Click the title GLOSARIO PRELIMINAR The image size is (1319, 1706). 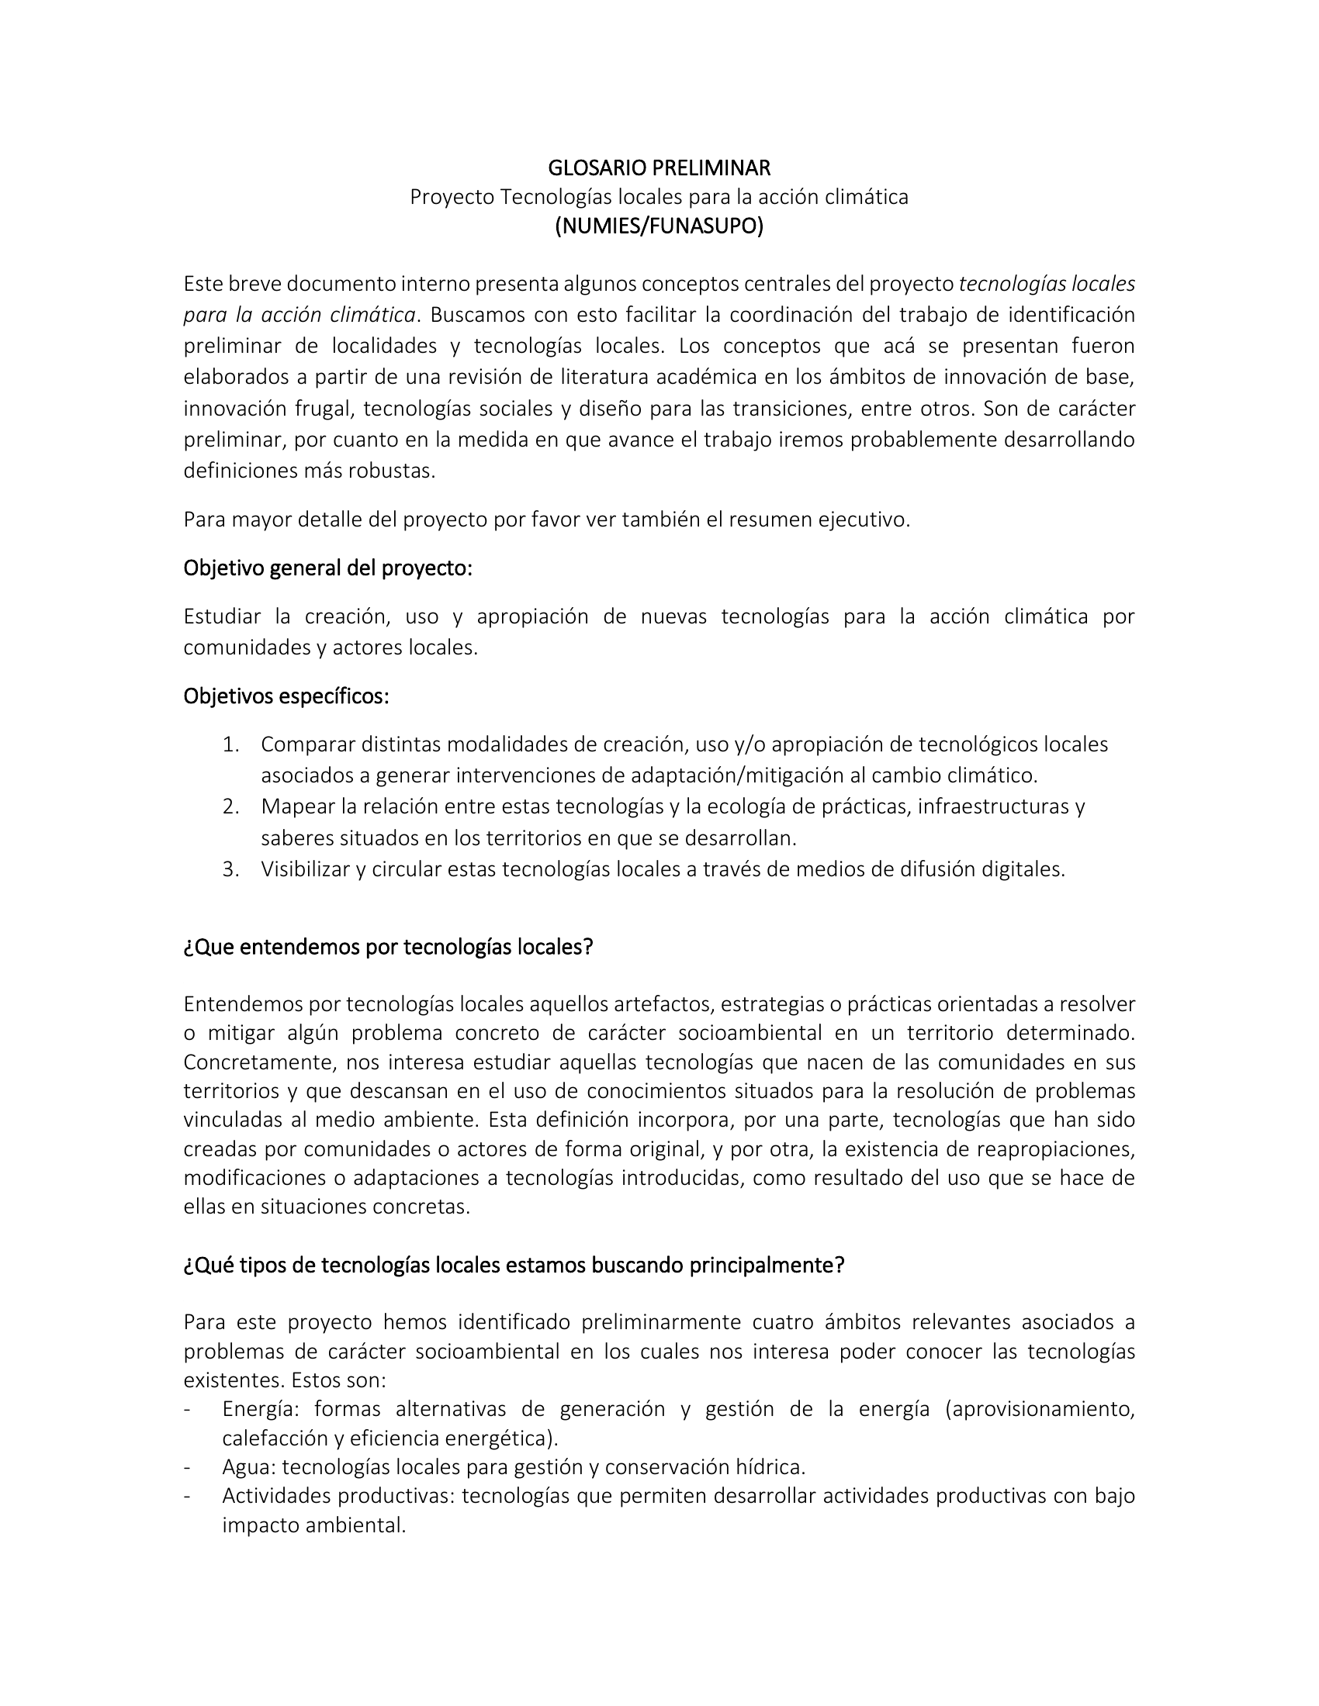(659, 168)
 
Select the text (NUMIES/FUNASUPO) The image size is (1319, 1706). (659, 226)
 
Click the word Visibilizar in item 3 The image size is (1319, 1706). (306, 869)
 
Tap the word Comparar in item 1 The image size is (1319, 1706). (308, 744)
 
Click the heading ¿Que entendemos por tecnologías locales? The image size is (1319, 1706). (389, 947)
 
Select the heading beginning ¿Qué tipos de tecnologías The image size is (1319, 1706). (514, 1265)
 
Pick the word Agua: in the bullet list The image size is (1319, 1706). (248, 1467)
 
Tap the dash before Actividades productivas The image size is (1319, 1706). (188, 1496)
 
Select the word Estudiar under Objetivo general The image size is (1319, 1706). (223, 616)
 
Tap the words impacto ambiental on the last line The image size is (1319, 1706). (313, 1525)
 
